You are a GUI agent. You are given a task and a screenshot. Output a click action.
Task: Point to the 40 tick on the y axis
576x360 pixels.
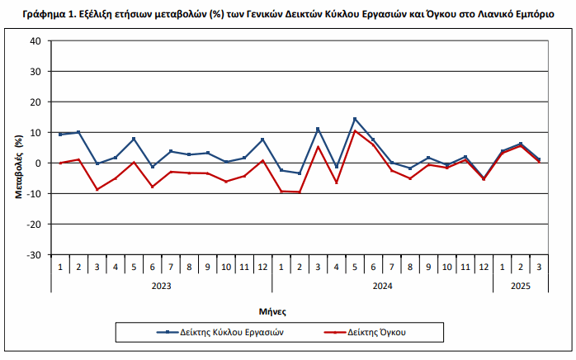(35, 41)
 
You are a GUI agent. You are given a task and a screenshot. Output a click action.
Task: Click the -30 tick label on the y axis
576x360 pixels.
(34, 254)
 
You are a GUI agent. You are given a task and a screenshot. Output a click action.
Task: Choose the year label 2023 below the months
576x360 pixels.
(162, 286)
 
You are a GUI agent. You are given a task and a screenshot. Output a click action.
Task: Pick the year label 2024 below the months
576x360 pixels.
(382, 286)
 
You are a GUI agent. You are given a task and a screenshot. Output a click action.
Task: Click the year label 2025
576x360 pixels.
(520, 286)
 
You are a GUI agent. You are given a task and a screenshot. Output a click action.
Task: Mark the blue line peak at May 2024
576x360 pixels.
(355, 119)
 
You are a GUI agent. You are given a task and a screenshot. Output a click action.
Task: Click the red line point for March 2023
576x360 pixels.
(97, 189)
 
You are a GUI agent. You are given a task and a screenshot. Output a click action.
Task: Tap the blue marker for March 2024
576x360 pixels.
(318, 129)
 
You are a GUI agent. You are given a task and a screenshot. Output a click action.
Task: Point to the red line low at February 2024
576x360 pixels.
(300, 192)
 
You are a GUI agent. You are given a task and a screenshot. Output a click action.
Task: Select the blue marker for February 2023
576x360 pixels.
(78, 132)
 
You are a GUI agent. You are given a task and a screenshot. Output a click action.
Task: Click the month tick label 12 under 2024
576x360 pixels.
(484, 267)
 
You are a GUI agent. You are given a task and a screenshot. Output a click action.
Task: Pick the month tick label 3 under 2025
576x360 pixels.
(539, 267)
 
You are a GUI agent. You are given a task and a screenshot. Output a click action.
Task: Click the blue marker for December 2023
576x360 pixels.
(262, 140)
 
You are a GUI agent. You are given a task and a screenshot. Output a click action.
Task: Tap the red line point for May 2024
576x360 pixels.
(355, 131)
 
